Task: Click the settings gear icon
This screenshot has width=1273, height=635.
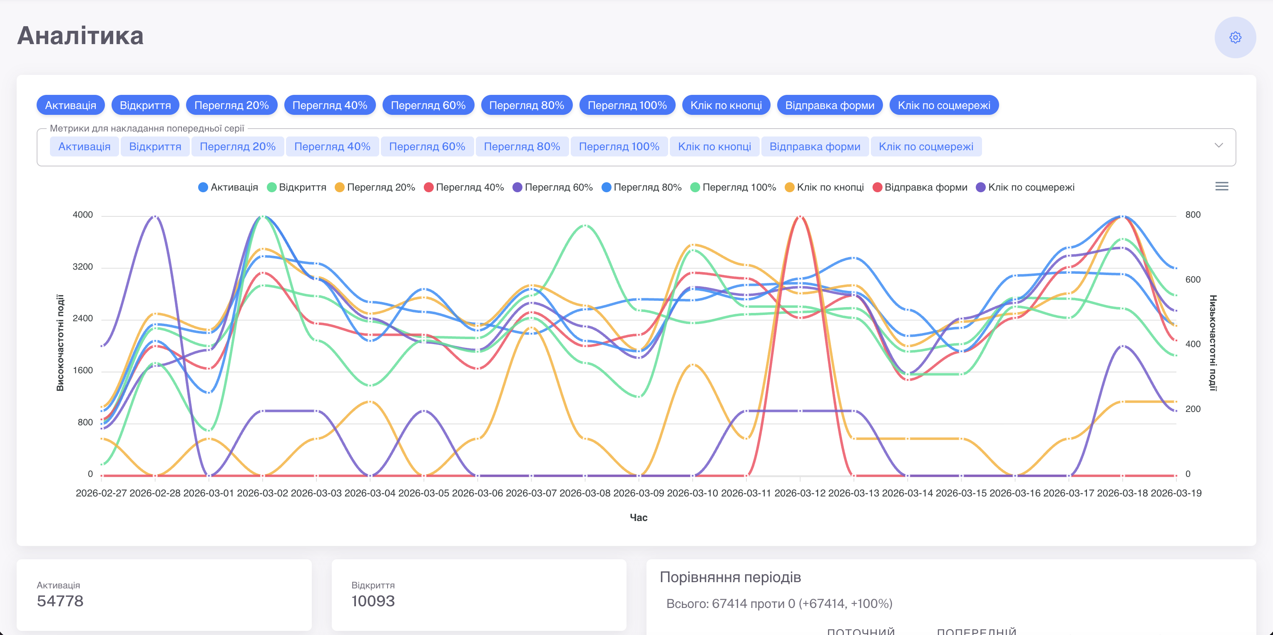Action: [1235, 37]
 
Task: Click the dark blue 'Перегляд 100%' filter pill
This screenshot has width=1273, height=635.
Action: [627, 105]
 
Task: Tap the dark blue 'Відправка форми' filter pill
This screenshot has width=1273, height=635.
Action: [830, 105]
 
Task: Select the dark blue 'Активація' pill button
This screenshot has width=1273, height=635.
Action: [71, 105]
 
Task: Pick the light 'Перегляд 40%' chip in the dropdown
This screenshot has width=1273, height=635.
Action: [332, 147]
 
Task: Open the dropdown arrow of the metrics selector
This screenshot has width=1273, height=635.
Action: [1218, 145]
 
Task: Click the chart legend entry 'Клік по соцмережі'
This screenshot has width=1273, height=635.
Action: [1025, 187]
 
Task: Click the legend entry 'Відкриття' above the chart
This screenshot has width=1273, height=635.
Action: [296, 187]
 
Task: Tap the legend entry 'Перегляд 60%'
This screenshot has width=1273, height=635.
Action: [552, 187]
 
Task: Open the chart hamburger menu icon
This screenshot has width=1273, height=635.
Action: [1222, 186]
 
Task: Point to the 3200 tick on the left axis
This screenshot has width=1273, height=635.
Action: [82, 267]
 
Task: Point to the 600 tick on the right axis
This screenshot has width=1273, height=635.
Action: [1193, 280]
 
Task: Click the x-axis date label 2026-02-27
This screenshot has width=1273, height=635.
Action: [101, 493]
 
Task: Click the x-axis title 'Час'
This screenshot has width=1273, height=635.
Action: [639, 517]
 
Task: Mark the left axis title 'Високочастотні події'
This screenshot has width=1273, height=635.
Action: [60, 343]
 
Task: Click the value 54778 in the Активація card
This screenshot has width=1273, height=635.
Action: [60, 601]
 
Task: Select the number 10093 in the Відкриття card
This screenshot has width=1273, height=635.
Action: [373, 601]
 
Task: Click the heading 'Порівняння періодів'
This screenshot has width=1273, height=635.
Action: [731, 577]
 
